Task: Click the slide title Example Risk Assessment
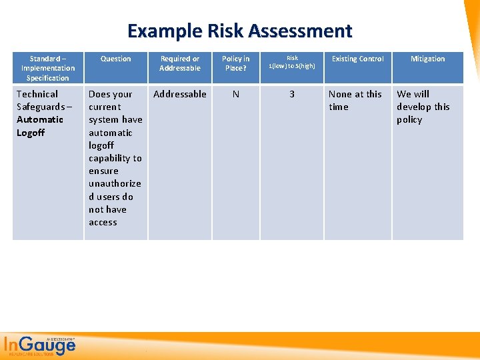click(x=239, y=31)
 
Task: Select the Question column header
click(x=115, y=59)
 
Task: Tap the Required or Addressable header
click(x=179, y=63)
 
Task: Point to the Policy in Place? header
click(x=235, y=63)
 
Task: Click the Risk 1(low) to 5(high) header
click(x=292, y=62)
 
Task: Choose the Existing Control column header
click(x=358, y=59)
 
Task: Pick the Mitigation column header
click(x=427, y=59)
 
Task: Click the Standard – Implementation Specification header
click(x=47, y=68)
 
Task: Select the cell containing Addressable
click(x=179, y=94)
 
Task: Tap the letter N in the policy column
click(x=235, y=94)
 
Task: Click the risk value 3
click(x=291, y=94)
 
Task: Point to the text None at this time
click(x=355, y=100)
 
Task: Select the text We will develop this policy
click(x=423, y=107)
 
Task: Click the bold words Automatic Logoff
click(x=39, y=126)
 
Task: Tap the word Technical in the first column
click(x=37, y=94)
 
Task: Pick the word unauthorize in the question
click(x=115, y=183)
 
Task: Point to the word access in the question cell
click(x=103, y=222)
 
